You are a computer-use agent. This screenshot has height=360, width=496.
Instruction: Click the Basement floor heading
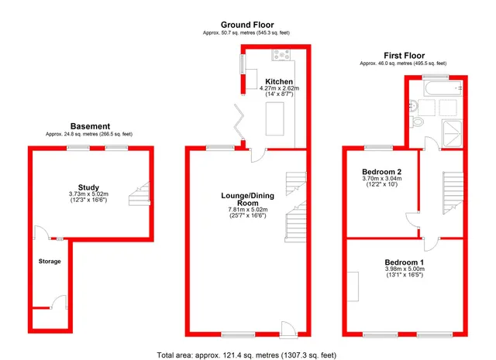click(90, 126)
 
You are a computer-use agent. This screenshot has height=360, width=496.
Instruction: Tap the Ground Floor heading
click(247, 25)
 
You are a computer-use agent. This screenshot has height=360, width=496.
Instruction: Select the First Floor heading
click(404, 56)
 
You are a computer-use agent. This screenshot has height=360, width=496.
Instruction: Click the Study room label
click(88, 187)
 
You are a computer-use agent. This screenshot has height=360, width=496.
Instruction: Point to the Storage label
click(50, 262)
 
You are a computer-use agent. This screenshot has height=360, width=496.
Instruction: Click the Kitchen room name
click(279, 81)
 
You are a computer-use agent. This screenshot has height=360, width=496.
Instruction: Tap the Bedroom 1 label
click(405, 262)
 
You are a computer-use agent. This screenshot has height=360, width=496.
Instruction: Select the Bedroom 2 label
click(382, 172)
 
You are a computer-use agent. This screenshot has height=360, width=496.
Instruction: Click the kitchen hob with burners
click(281, 55)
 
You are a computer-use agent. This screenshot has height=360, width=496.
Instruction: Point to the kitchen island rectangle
click(274, 119)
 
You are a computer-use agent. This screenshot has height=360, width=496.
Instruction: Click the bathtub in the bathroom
click(444, 88)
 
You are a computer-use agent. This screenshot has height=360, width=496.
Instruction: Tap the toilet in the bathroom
click(417, 122)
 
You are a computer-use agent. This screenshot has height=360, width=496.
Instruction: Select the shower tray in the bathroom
click(453, 134)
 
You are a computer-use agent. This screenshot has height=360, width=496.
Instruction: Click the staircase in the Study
click(139, 194)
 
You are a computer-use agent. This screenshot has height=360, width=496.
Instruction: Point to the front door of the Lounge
click(288, 330)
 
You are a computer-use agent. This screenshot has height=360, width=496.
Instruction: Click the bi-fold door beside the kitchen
click(239, 122)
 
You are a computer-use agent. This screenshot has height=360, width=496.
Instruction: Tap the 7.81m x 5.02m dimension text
click(248, 210)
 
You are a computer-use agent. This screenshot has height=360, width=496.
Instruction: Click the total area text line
click(246, 355)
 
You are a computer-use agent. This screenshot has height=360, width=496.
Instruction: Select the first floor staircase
click(453, 193)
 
